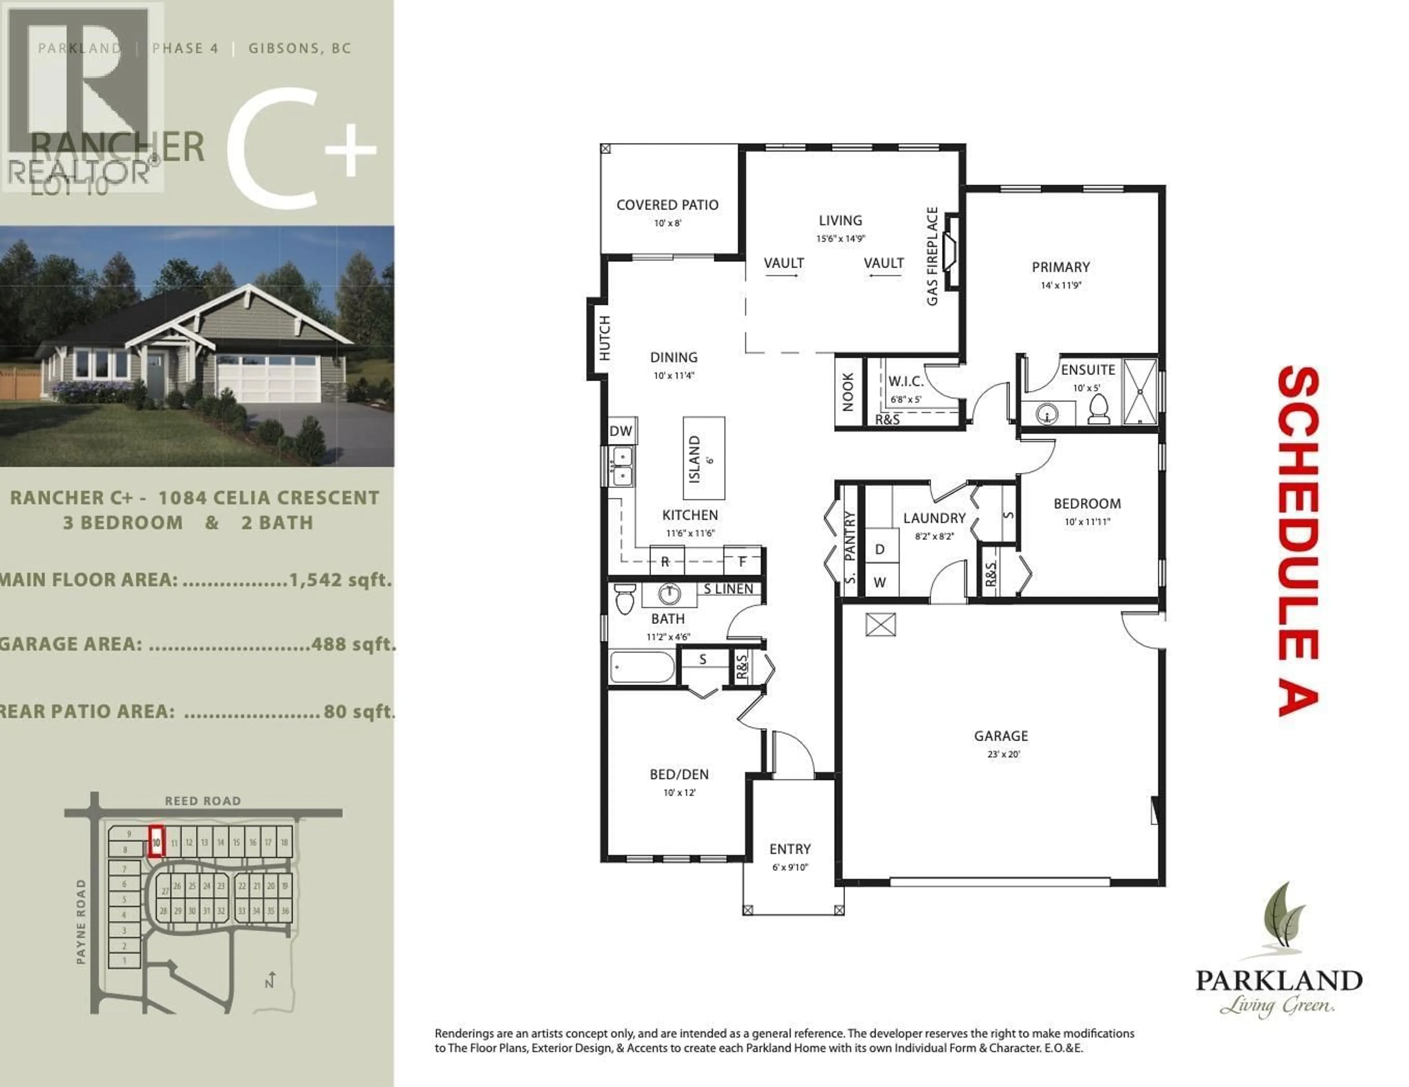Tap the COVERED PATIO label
tap(667, 205)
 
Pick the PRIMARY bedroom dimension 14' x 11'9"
tap(1061, 285)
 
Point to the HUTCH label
tap(604, 338)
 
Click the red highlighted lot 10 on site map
tap(156, 842)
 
